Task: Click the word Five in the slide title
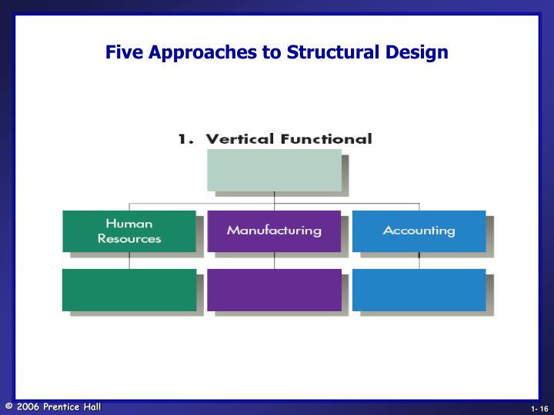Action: coord(123,53)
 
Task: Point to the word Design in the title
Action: coord(420,53)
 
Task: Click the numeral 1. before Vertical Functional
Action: coord(185,139)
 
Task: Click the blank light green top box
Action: coord(274,170)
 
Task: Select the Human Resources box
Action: coord(128,231)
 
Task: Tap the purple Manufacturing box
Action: coord(274,231)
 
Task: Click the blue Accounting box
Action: coord(419,231)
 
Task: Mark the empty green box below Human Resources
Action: coord(128,290)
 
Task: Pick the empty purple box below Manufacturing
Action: coord(274,290)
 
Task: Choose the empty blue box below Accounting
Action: coord(419,290)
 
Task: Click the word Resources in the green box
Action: coord(129,238)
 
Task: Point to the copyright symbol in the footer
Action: coord(8,407)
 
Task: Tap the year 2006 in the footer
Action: coord(28,407)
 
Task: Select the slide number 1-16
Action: coord(539,408)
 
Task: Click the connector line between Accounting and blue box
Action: coord(419,261)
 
